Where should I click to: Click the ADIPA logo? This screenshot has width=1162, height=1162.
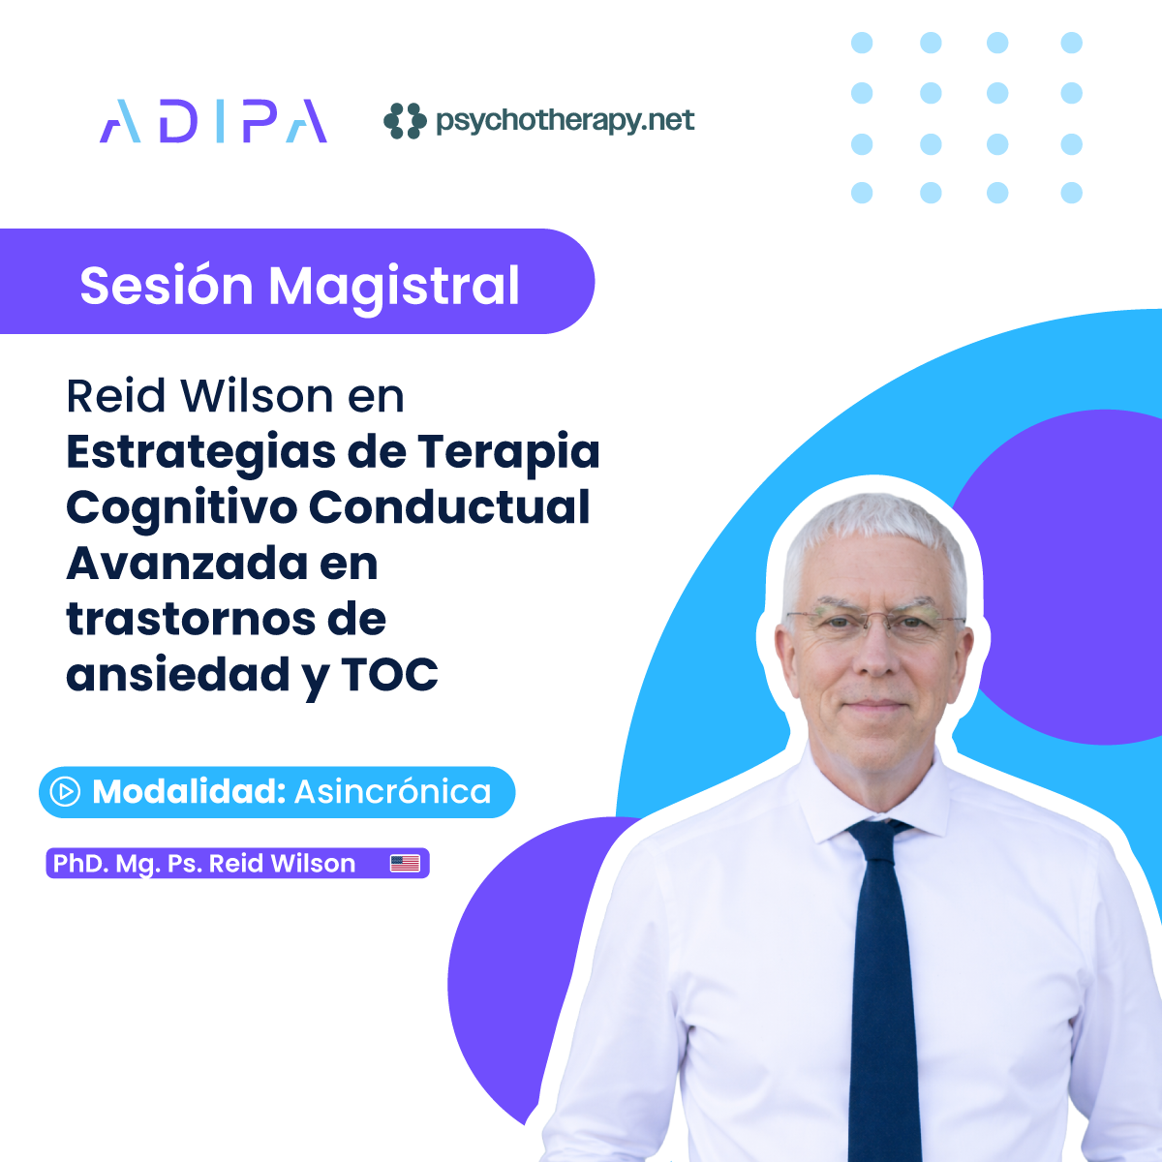pos(213,121)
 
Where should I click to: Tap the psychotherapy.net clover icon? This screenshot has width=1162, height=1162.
pos(405,121)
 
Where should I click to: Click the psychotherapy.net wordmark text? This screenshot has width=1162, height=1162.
pos(565,121)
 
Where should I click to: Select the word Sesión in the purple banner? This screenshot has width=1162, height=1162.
pos(167,286)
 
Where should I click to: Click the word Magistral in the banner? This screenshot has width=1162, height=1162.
pos(394,289)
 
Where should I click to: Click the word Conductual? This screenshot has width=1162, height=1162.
pos(449,506)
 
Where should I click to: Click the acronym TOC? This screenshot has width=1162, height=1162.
pos(390,674)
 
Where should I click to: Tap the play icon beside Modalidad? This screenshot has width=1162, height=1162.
pos(65,791)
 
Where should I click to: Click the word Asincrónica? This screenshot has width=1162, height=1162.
pos(392,791)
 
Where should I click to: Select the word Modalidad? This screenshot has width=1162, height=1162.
pos(189,791)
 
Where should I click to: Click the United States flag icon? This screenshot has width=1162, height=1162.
pos(405,864)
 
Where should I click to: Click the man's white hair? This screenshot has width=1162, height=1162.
pos(874,536)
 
